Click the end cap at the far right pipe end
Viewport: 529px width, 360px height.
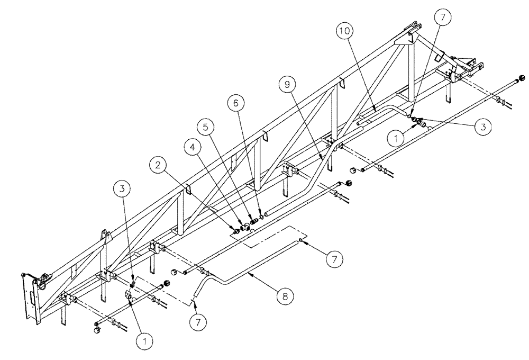coord(522,79)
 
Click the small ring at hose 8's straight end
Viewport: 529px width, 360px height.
coord(300,240)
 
